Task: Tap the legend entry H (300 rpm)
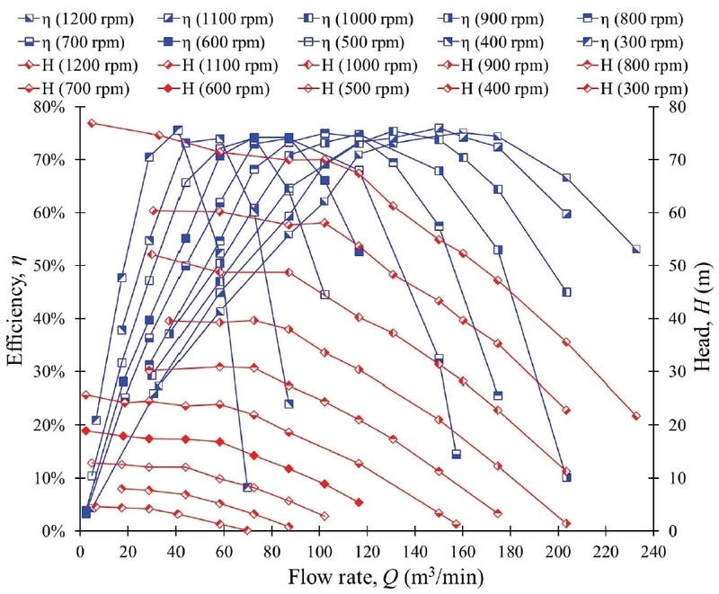[643, 89]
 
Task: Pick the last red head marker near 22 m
[635, 416]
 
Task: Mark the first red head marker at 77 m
[92, 123]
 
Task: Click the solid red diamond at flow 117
[359, 502]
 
